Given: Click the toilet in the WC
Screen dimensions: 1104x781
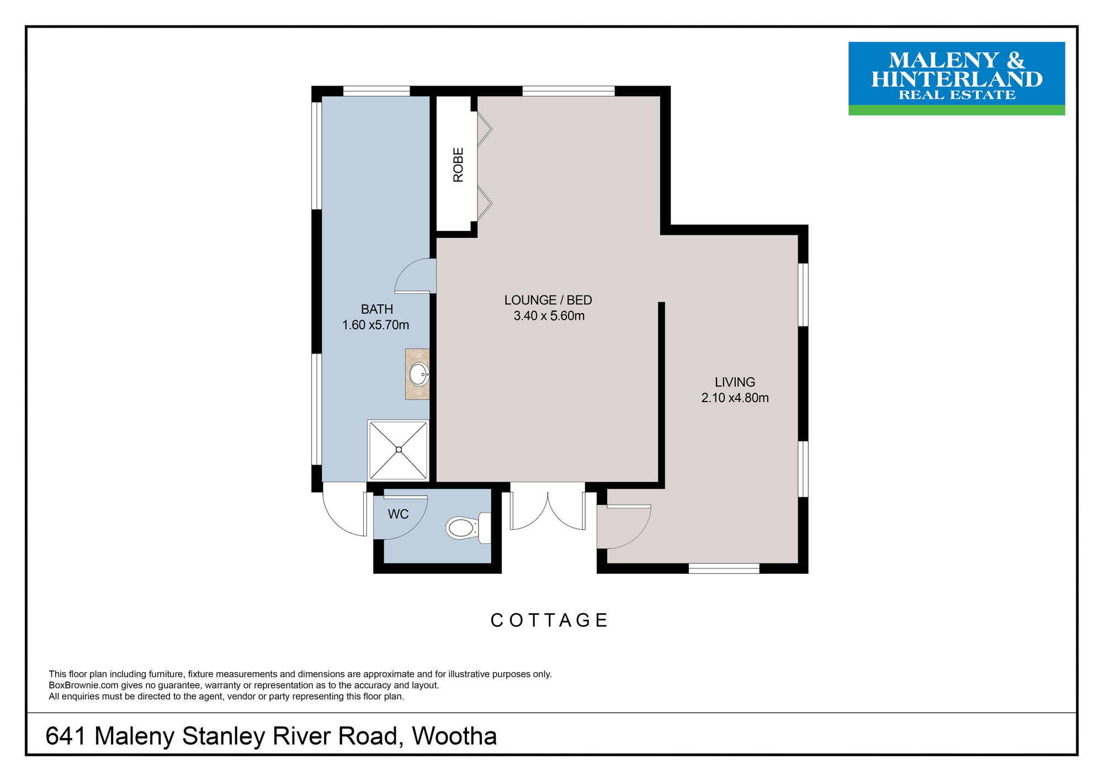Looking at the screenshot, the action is click(469, 528).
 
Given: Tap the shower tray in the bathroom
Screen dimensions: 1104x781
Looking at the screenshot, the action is click(398, 450).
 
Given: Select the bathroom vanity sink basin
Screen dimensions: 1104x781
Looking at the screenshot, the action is click(419, 374).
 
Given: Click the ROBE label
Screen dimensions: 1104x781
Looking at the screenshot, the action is click(458, 165).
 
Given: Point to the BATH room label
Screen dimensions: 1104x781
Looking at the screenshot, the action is click(377, 309).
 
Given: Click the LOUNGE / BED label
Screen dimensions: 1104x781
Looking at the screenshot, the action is click(548, 300).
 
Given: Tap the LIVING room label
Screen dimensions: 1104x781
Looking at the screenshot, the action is click(735, 382).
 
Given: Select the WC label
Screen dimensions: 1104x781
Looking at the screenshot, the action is click(398, 514).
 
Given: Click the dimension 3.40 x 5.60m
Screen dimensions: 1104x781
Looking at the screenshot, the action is click(549, 316).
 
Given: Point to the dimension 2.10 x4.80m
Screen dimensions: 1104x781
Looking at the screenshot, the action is click(735, 398).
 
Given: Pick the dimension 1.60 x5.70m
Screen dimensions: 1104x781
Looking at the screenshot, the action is click(375, 325).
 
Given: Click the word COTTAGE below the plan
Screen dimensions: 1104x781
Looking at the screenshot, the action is click(549, 620).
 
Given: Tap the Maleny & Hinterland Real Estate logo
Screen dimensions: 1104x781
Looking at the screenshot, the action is click(957, 78).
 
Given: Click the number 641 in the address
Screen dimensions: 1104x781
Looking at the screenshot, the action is click(66, 736).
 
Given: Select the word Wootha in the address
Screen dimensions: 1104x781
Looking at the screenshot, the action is click(454, 736).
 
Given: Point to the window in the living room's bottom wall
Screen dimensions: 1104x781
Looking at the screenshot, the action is click(724, 568).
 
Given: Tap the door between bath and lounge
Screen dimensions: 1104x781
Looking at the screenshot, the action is click(415, 276).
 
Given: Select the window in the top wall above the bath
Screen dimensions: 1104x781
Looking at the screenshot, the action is click(376, 91).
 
